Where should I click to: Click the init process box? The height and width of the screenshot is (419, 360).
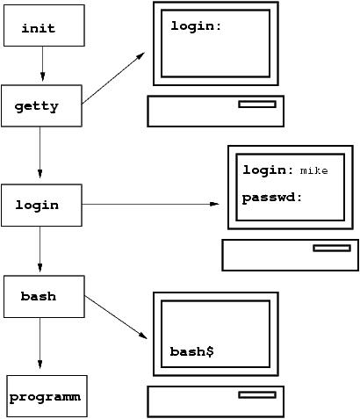click(x=43, y=27)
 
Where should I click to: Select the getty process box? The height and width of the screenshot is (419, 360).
click(x=42, y=106)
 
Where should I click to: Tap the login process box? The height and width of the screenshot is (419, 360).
click(x=41, y=205)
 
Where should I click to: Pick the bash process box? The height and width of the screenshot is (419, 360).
click(x=41, y=296)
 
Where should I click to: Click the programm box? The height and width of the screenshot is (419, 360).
click(x=46, y=397)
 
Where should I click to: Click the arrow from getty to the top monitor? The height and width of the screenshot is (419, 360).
click(x=114, y=78)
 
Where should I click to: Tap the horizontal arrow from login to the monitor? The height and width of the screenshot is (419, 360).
click(x=149, y=205)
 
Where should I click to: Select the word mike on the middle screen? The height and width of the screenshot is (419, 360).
click(x=313, y=171)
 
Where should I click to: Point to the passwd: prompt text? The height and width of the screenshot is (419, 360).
click(x=272, y=199)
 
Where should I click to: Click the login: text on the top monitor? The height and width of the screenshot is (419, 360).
click(x=196, y=26)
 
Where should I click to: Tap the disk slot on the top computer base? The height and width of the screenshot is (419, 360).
click(x=256, y=104)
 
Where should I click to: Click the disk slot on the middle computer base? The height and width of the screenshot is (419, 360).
click(x=331, y=248)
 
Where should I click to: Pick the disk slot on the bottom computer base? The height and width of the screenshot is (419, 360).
click(x=256, y=395)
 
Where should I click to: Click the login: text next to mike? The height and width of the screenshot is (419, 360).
click(x=268, y=170)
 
